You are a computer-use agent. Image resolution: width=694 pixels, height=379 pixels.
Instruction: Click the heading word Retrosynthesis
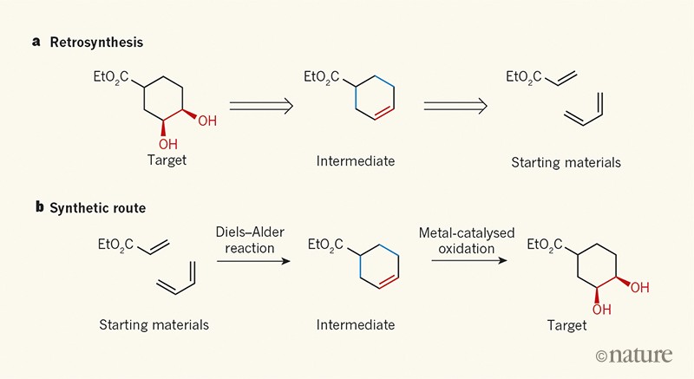pyautogui.click(x=93, y=42)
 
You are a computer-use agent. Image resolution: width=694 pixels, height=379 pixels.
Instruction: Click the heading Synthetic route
pyautogui.click(x=96, y=209)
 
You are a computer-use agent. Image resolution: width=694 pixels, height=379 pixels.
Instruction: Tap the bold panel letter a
pyautogui.click(x=36, y=42)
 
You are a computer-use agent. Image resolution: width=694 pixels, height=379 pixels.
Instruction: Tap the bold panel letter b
pyautogui.click(x=36, y=209)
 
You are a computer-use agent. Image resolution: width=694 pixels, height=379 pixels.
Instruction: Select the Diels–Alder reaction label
pyautogui.click(x=250, y=241)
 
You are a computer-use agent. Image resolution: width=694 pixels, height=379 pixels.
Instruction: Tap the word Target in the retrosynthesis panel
pyautogui.click(x=167, y=160)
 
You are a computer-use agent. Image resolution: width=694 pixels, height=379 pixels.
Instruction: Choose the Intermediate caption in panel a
pyautogui.click(x=356, y=161)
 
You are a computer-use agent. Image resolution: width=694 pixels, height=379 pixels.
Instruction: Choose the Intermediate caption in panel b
pyautogui.click(x=356, y=325)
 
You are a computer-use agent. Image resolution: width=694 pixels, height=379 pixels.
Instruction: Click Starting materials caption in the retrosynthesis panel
pyautogui.click(x=566, y=161)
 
